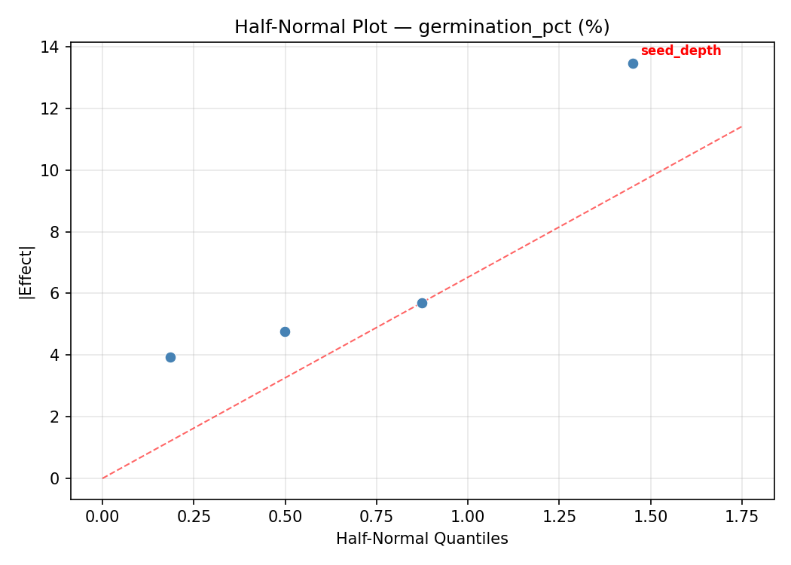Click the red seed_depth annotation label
[x=680, y=51]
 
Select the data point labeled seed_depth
[x=633, y=63]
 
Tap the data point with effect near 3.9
[x=170, y=357]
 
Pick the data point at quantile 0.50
[x=285, y=331]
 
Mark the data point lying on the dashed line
[x=422, y=303]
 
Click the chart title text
[x=422, y=27]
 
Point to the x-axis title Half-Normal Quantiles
[x=422, y=539]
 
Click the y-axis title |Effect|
[x=26, y=272]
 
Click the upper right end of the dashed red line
[x=741, y=127]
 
